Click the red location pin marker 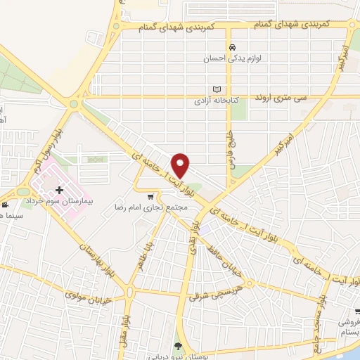(181, 165)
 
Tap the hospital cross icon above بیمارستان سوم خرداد (60, 190)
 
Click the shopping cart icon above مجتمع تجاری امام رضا (150, 197)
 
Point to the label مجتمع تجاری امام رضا (160, 207)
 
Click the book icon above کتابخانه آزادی (217, 89)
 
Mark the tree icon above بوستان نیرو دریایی (177, 345)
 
